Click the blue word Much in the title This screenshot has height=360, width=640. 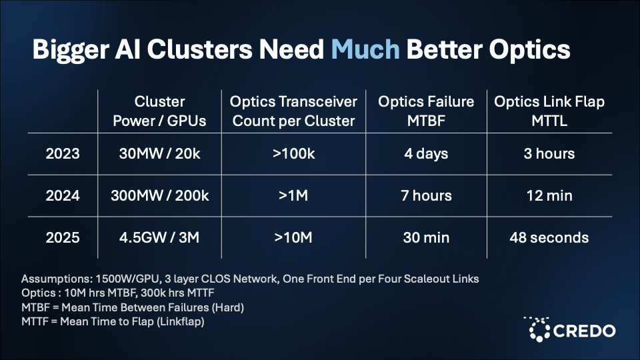pyautogui.click(x=365, y=49)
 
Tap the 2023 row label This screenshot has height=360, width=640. pyautogui.click(x=63, y=154)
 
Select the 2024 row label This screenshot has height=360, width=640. pyautogui.click(x=63, y=196)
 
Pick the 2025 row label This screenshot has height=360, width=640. pyautogui.click(x=63, y=237)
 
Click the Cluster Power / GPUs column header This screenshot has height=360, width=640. pyautogui.click(x=159, y=111)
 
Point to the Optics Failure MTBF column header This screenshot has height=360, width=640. pyautogui.click(x=426, y=111)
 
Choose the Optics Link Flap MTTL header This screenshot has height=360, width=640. pyautogui.click(x=549, y=111)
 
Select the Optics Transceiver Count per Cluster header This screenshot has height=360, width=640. pyautogui.click(x=293, y=111)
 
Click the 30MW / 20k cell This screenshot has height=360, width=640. pyautogui.click(x=159, y=154)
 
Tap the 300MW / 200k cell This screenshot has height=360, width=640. pyautogui.click(x=159, y=196)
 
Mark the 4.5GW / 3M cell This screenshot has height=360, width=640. pyautogui.click(x=159, y=237)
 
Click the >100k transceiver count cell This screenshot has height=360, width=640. pyautogui.click(x=293, y=154)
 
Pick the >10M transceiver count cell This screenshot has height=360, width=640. pyautogui.click(x=293, y=237)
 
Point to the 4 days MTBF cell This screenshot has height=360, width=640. pyautogui.click(x=426, y=154)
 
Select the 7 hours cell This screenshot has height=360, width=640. pyautogui.click(x=426, y=196)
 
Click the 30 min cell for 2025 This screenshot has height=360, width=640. pyautogui.click(x=426, y=237)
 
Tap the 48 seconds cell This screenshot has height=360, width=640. pyautogui.click(x=549, y=237)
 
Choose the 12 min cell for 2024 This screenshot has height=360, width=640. pyautogui.click(x=549, y=196)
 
